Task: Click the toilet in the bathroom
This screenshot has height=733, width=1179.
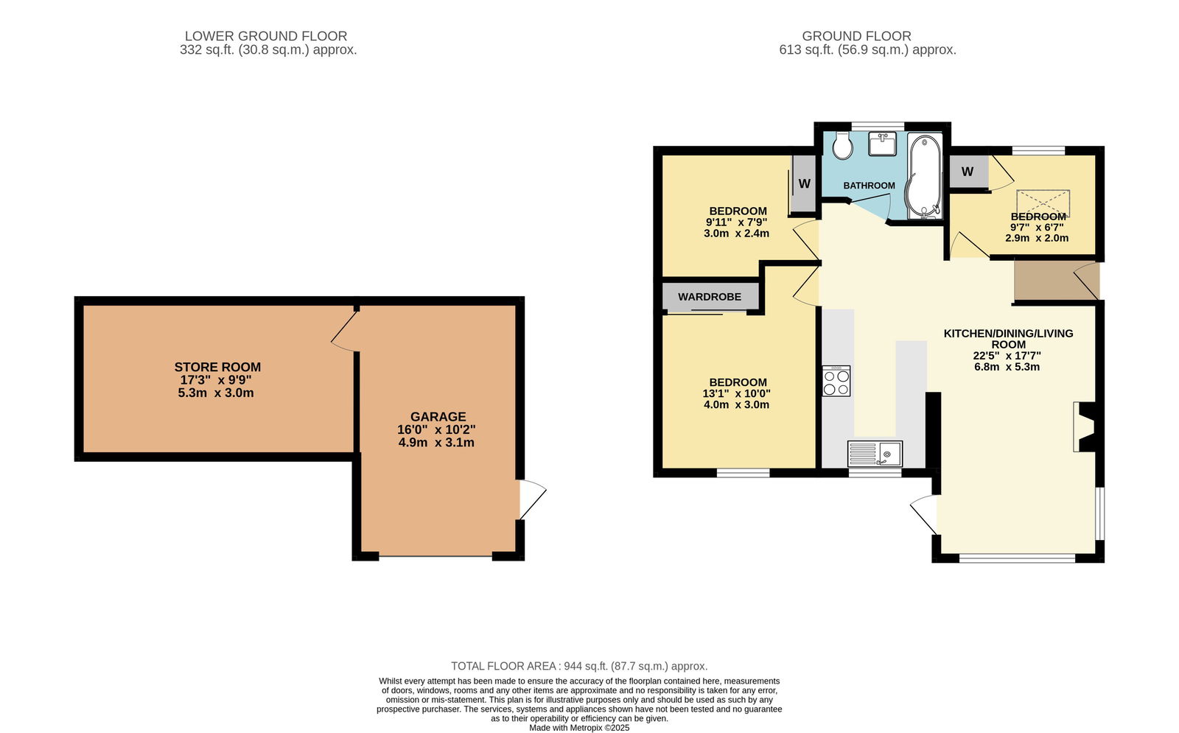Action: pos(843,145)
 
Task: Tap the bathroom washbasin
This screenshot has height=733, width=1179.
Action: pos(882,144)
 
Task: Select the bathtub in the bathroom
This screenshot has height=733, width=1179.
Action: pos(924,176)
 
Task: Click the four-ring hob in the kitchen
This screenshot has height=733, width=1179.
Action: pos(836,381)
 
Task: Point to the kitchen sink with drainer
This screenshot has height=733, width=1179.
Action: pos(875,454)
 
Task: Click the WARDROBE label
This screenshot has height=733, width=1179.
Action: pos(710,297)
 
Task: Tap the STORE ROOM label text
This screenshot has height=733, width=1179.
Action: pos(217,367)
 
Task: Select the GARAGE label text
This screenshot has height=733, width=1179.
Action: pos(438,417)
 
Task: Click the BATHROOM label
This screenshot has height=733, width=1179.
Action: pos(869,185)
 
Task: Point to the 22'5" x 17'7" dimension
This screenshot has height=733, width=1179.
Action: pos(1007,356)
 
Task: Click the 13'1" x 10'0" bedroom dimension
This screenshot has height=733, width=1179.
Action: pos(736,393)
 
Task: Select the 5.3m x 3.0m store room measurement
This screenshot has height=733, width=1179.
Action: pos(216,393)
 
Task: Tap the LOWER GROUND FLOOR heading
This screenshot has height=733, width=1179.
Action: pos(266,36)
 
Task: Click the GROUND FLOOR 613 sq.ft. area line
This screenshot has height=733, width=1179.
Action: pos(868,50)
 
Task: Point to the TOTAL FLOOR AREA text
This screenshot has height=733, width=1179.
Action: pos(504,666)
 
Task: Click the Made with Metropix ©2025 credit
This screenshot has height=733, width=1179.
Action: pos(579,729)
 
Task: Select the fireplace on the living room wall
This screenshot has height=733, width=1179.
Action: pos(1085,427)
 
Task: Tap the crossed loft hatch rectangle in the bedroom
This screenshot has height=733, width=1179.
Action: pos(1043,203)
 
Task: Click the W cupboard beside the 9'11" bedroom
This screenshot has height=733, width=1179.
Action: pos(803,183)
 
